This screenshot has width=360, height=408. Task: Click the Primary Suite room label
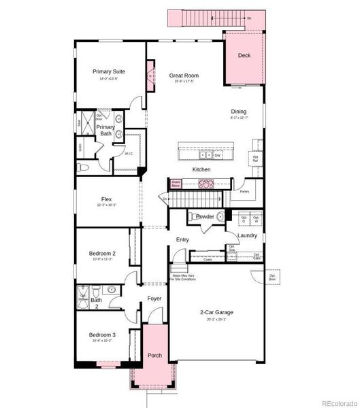tap(106, 71)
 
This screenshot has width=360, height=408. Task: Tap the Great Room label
tap(182, 75)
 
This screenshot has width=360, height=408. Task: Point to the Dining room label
tap(238, 112)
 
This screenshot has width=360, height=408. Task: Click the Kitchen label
tap(201, 169)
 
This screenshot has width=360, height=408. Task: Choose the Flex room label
tap(106, 199)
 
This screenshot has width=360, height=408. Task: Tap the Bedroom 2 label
tap(102, 254)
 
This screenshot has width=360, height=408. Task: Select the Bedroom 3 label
tap(102, 335)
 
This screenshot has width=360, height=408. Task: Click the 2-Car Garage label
tap(216, 312)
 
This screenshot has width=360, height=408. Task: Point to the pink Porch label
tap(155, 356)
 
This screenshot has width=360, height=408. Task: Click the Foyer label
tap(154, 299)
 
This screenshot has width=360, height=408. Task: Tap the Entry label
tap(182, 239)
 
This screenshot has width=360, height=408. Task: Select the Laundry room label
tap(247, 235)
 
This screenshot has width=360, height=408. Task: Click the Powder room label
tap(206, 217)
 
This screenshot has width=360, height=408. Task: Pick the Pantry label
tap(244, 192)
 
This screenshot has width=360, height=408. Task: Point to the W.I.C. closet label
tap(129, 154)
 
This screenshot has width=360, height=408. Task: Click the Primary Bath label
tap(105, 130)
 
